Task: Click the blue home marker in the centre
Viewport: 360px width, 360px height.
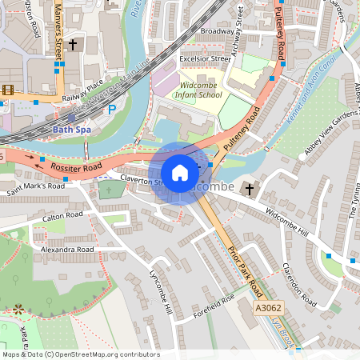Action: (x=180, y=173)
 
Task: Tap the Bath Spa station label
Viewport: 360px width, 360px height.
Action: (x=69, y=128)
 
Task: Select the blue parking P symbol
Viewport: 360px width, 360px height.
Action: (x=112, y=109)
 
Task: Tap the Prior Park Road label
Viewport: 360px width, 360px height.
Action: (x=243, y=267)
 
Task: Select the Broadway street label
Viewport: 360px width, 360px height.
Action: (x=217, y=31)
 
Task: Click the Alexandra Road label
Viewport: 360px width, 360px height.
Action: (x=67, y=250)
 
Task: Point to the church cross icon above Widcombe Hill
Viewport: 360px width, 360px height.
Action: (x=250, y=189)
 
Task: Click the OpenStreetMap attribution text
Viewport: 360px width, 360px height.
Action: (x=80, y=354)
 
